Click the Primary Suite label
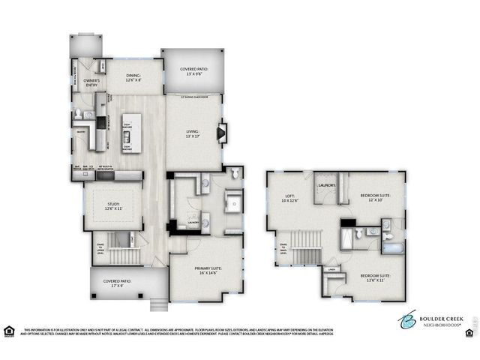[206, 272]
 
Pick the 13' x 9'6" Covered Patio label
[193, 72]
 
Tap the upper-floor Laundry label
[326, 184]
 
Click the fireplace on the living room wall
[221, 133]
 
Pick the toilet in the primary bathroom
[235, 173]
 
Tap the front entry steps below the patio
[158, 304]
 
